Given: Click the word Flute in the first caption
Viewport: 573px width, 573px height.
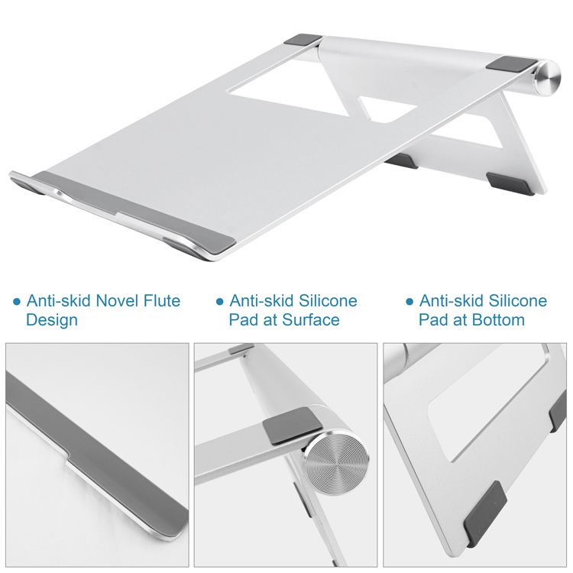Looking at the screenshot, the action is (162, 301).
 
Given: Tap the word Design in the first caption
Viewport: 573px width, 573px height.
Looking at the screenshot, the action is (52, 320).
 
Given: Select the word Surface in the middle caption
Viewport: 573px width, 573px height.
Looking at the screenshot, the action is (311, 320).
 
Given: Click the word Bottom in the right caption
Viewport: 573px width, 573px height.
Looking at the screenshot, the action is (498, 320).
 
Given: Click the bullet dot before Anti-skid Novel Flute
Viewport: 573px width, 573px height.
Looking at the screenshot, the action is (17, 302).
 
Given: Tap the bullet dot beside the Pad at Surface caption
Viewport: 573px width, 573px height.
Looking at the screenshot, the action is (219, 302).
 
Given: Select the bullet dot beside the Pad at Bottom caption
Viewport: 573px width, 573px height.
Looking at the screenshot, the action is (410, 302).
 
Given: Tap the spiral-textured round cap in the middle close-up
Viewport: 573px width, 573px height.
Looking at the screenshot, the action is (337, 464).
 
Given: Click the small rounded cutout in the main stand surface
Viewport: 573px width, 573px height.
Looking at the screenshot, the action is (387, 108).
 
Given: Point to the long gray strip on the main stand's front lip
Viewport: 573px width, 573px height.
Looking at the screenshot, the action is (135, 211).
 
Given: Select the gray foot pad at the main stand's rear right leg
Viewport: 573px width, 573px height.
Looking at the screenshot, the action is (511, 183).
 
